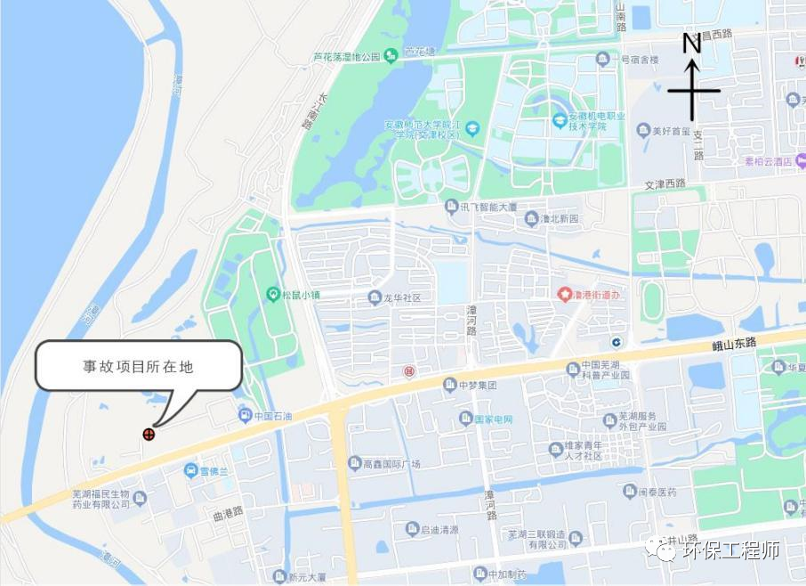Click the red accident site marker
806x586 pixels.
pos(149,435)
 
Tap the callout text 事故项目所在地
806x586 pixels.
pos(138,366)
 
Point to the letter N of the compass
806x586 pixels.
pos(692,43)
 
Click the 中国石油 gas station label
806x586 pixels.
pos(272,416)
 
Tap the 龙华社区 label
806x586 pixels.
pos(401,297)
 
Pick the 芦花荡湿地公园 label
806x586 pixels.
pos(348,57)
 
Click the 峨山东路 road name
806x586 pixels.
pos(734,343)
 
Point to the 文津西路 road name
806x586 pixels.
pos(665,184)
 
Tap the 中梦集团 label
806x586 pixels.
pos(477,385)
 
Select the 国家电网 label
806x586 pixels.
pos(495,419)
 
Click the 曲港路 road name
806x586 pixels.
pos(228,511)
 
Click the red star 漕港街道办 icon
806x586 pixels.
pos(563,294)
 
